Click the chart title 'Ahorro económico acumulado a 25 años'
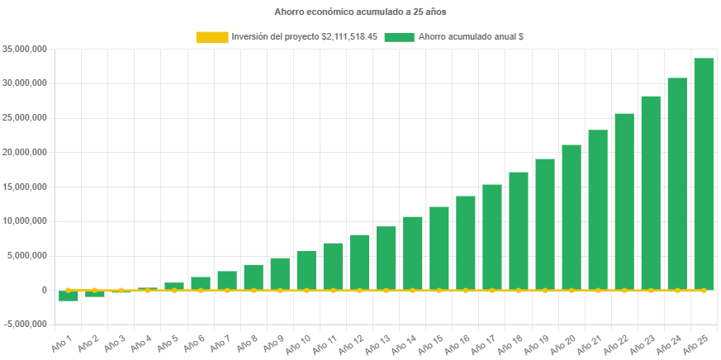[360, 12]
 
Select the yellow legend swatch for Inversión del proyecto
[211, 37]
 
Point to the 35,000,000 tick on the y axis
[24, 49]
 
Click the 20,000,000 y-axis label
[24, 152]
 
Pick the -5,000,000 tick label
[24, 324]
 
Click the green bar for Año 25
[704, 173]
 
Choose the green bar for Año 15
[439, 248]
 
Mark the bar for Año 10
[306, 270]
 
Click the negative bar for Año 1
[69, 296]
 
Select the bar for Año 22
[624, 201]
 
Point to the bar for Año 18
[519, 230]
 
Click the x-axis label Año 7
[222, 341]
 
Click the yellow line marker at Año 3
[121, 291]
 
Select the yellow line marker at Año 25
[704, 291]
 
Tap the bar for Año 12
[359, 262]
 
